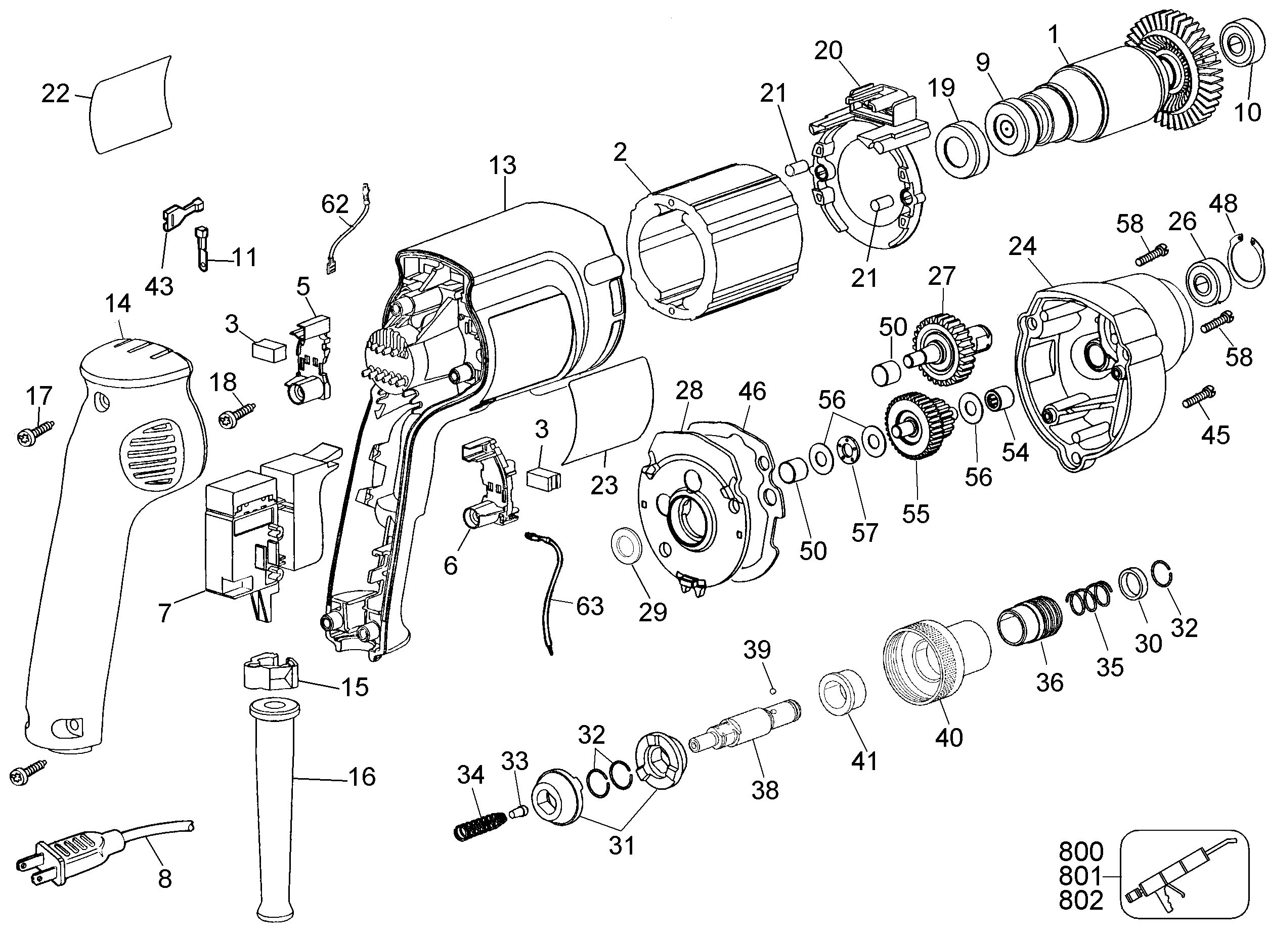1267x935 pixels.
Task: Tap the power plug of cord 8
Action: [x=62, y=854]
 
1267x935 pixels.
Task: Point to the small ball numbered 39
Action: [x=773, y=691]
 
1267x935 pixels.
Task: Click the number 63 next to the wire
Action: [x=590, y=606]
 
